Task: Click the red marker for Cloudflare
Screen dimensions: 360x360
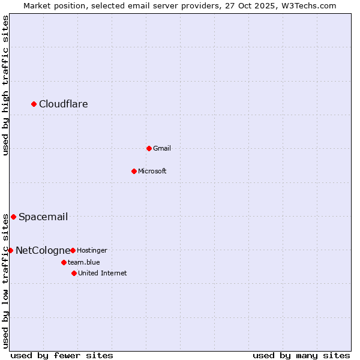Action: click(x=34, y=104)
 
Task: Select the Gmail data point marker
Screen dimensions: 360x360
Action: click(x=149, y=148)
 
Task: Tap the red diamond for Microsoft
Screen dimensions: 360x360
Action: click(x=134, y=171)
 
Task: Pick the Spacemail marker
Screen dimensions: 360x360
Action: click(x=13, y=217)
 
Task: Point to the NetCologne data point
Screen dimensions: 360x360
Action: click(x=10, y=250)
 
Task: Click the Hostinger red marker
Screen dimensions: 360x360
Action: click(x=73, y=250)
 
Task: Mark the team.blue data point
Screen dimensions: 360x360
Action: click(x=64, y=262)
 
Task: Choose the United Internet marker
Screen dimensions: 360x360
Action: click(x=74, y=273)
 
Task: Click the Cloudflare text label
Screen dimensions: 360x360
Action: click(x=64, y=104)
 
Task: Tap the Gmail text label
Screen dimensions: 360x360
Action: click(x=162, y=148)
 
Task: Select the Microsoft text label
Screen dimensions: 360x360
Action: click(x=152, y=171)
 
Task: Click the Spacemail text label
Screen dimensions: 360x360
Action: click(x=43, y=217)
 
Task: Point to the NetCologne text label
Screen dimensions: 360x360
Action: click(x=43, y=251)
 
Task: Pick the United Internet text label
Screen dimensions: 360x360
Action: click(x=103, y=273)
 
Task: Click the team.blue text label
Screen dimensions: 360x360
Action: click(x=84, y=262)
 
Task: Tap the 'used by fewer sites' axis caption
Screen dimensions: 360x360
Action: click(x=62, y=355)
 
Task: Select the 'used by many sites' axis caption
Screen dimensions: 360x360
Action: click(x=301, y=355)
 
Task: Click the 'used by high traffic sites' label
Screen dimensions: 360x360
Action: click(x=5, y=85)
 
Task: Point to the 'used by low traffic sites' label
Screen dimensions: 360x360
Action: click(x=5, y=281)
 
